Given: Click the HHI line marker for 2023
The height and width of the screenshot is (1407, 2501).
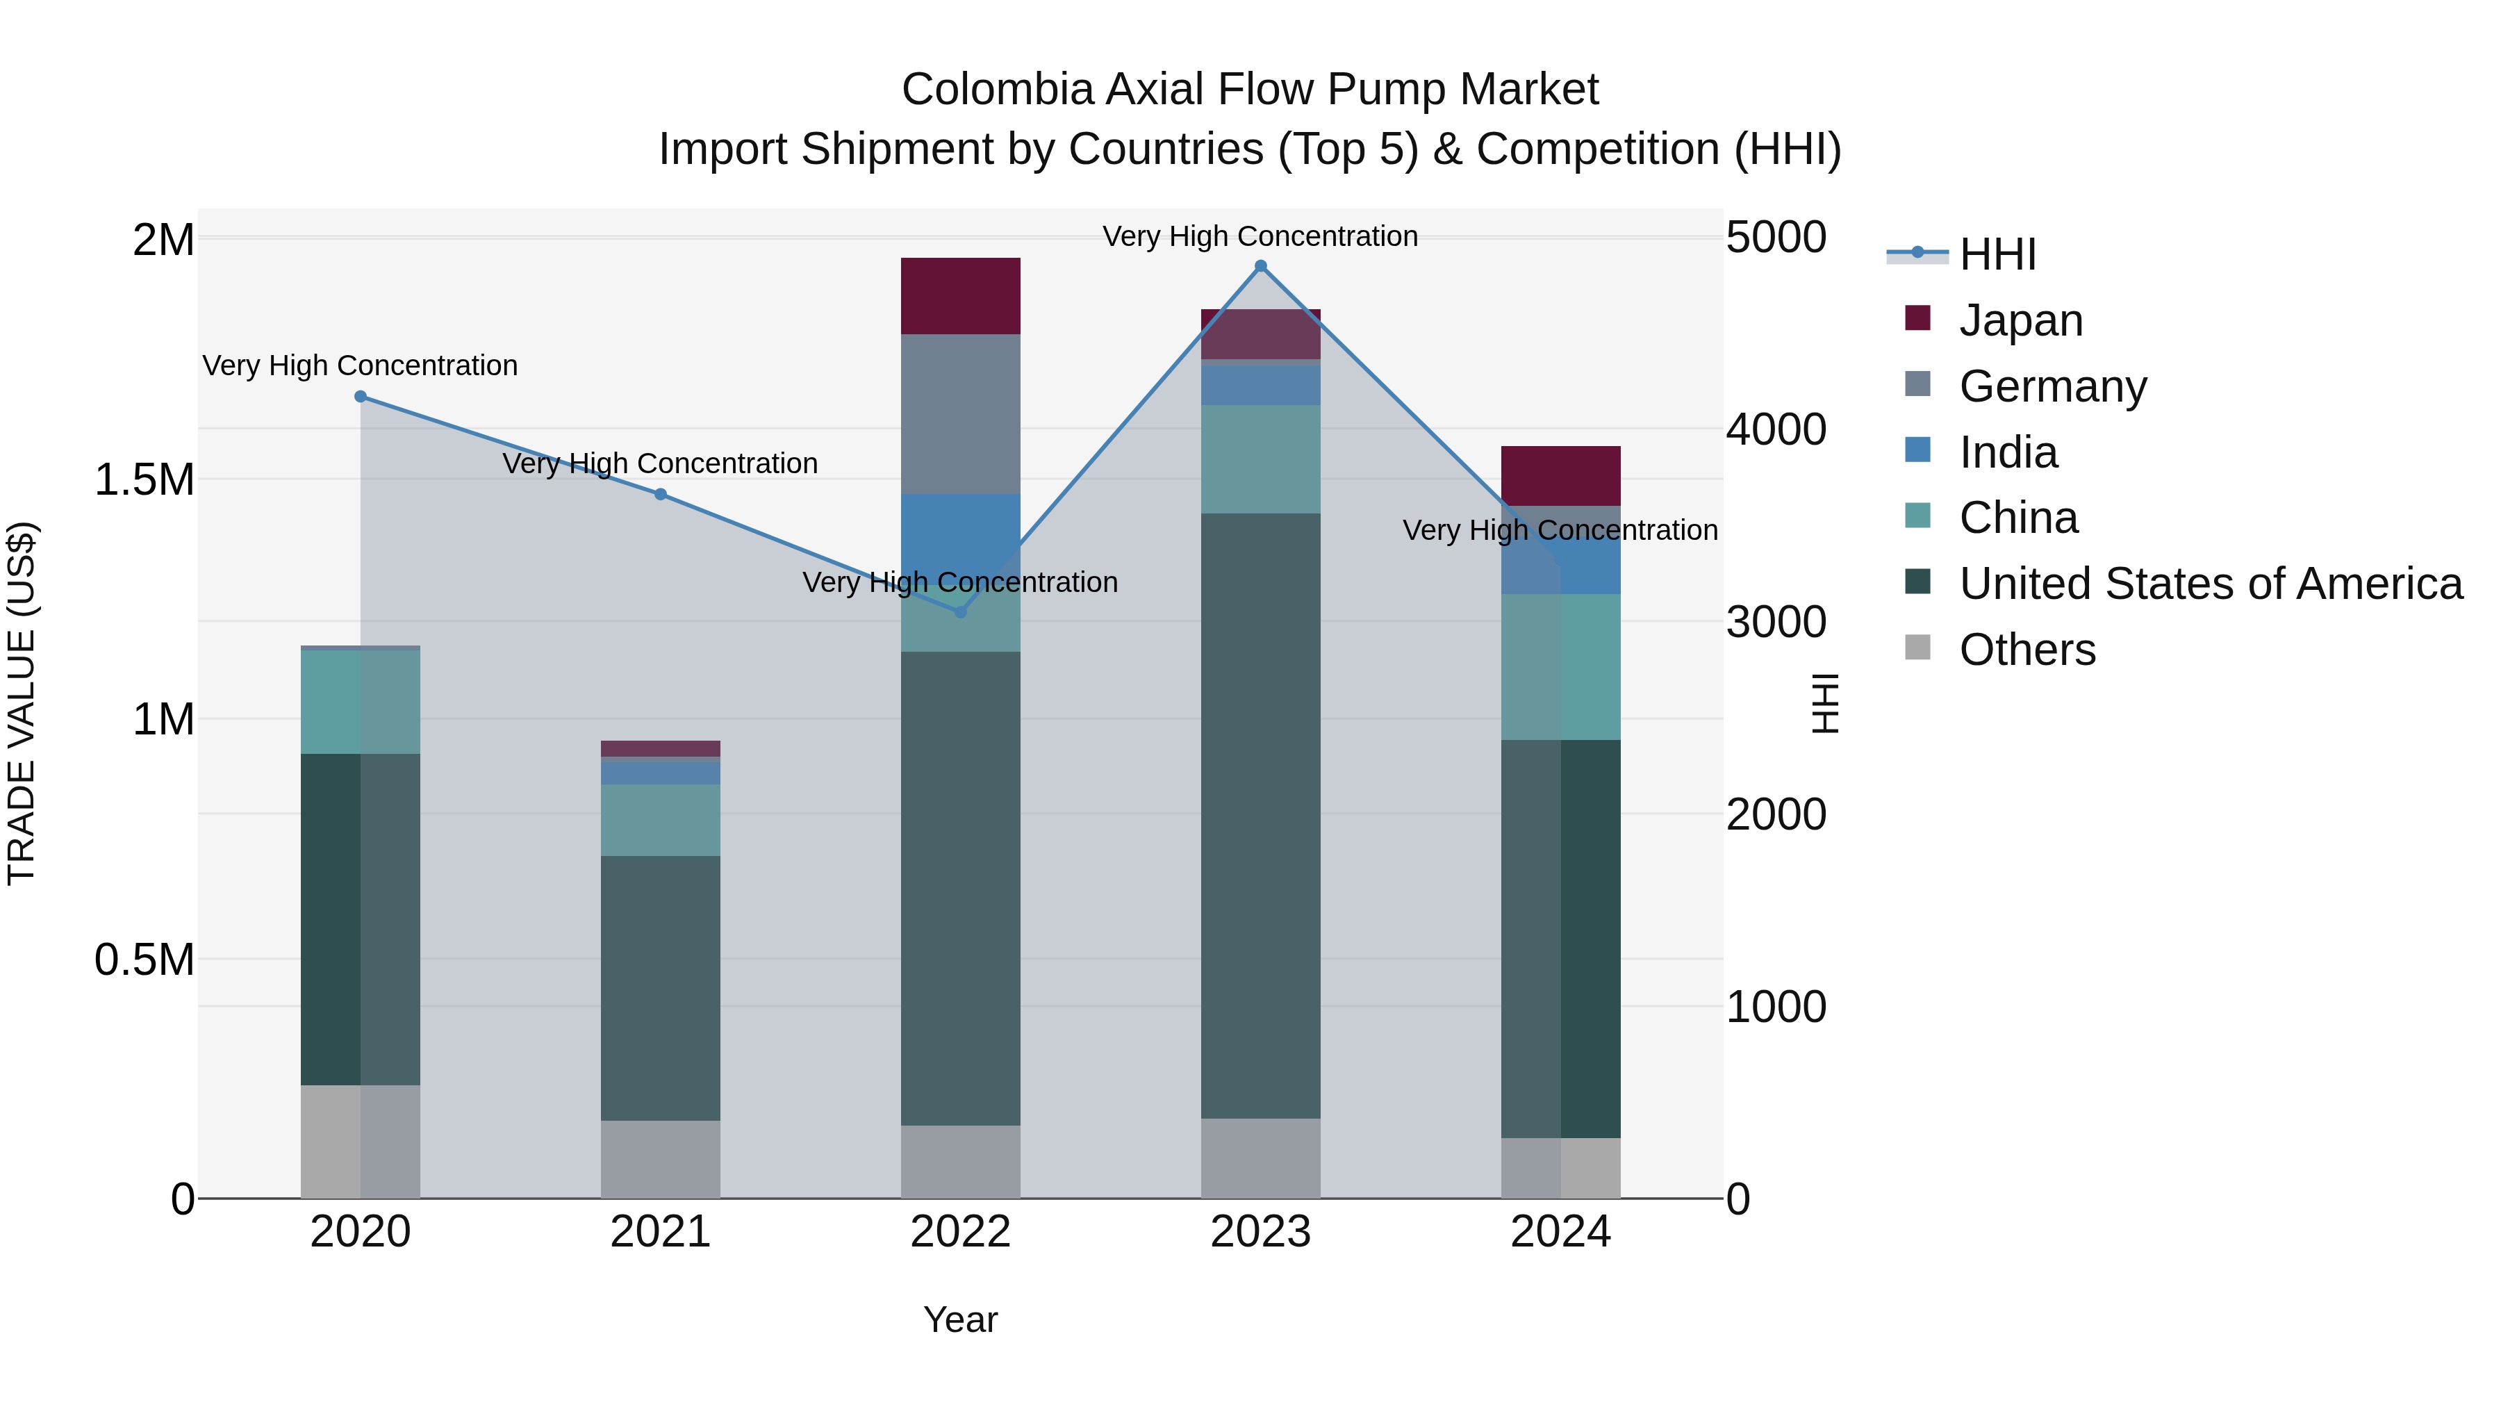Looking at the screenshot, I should [1260, 266].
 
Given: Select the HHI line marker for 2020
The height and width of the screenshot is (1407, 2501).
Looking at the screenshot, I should [360, 396].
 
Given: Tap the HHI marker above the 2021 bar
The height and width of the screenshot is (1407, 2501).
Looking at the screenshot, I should [660, 494].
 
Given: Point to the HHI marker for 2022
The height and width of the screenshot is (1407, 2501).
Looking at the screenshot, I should [960, 611].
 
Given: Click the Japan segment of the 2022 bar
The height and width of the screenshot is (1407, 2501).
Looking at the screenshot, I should [960, 296].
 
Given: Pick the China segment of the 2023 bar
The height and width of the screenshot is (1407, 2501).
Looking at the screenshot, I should [1260, 459].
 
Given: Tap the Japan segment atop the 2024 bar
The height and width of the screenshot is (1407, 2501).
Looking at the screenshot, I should [1560, 476].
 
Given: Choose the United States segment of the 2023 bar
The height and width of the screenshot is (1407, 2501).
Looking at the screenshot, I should [1260, 816].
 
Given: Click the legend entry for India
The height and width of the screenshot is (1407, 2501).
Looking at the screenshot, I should [2007, 452].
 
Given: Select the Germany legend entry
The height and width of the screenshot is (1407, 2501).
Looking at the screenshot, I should [2052, 386].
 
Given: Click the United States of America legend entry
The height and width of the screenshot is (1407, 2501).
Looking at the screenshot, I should [2210, 584].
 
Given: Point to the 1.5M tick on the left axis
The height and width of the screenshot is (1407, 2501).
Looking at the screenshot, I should [145, 479].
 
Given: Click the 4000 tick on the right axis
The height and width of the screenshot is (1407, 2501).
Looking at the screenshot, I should [1776, 429].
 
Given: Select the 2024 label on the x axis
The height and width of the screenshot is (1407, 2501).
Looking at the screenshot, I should [1560, 1232].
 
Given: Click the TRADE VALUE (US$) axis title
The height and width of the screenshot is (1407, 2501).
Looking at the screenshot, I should [22, 704].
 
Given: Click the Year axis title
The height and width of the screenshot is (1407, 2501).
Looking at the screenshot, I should [960, 1319].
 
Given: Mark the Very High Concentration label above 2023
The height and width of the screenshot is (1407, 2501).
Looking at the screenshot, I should [1260, 236].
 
